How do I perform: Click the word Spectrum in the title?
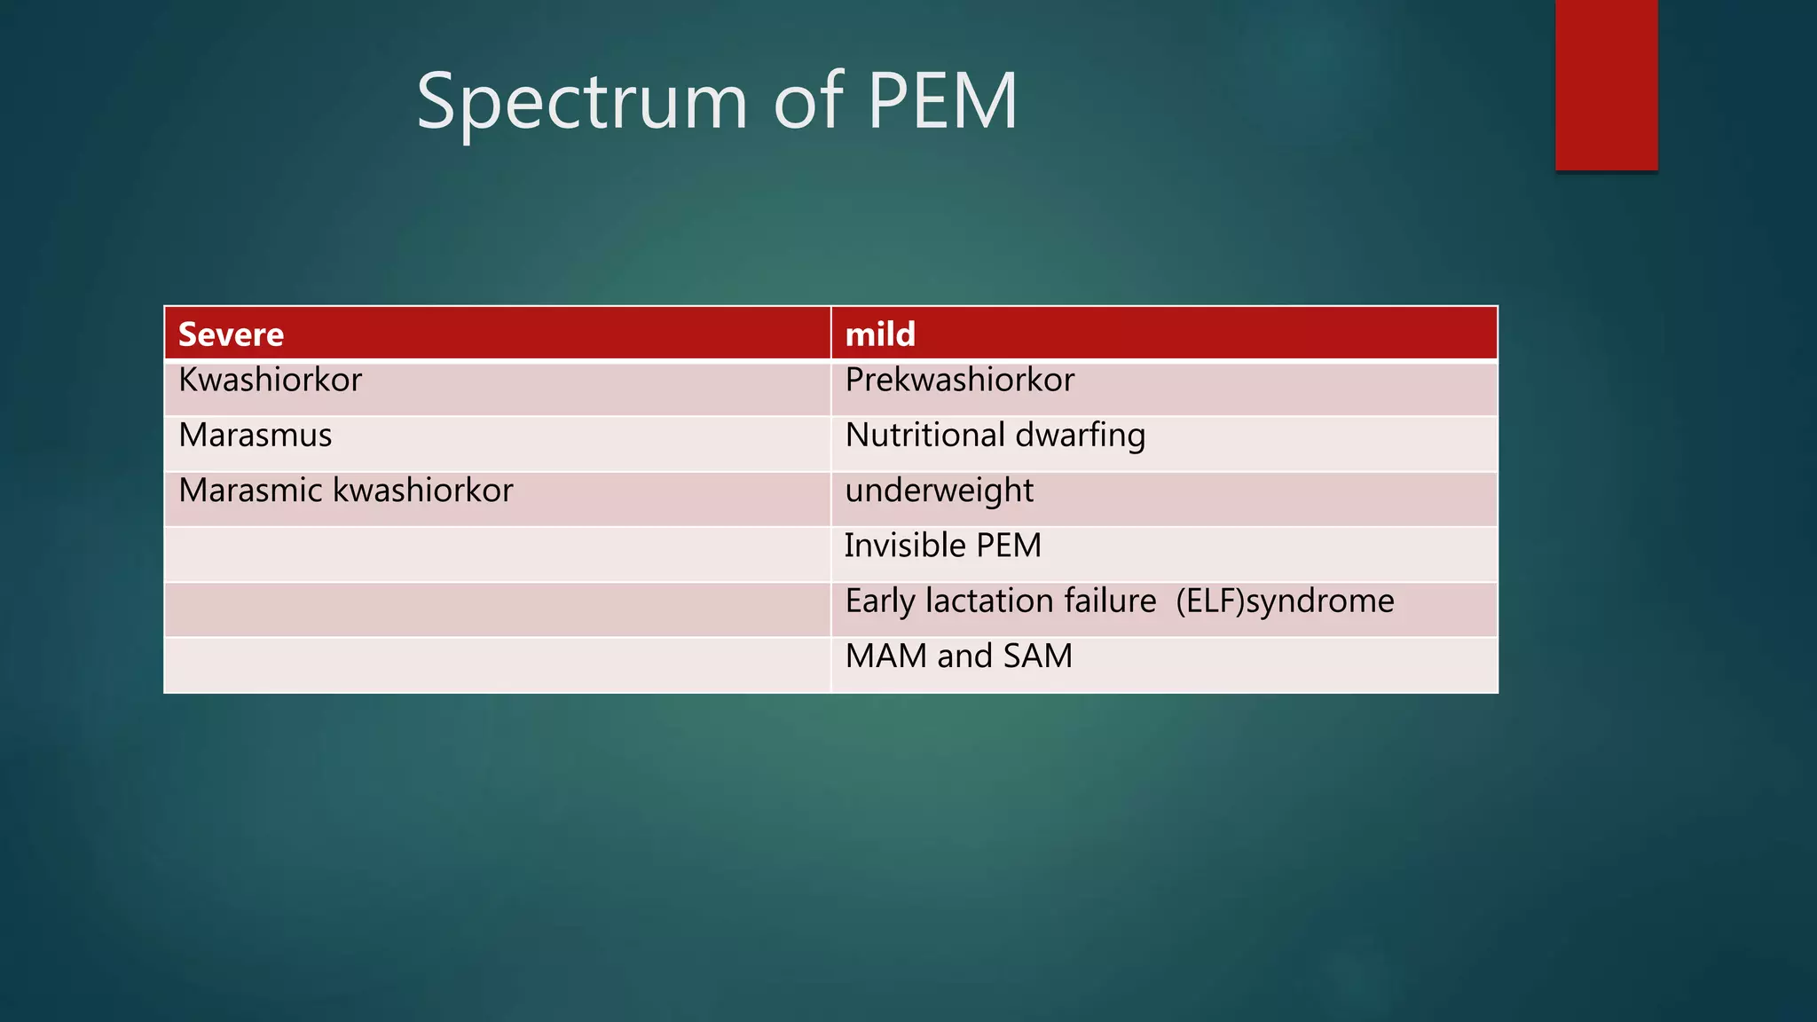tap(582, 102)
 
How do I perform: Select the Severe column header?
tap(232, 334)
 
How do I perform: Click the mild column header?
tap(880, 334)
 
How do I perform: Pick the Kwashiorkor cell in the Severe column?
tap(271, 381)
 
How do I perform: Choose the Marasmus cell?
tap(256, 436)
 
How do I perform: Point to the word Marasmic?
tap(250, 491)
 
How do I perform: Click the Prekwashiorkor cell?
tap(960, 381)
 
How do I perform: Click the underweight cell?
tap(940, 491)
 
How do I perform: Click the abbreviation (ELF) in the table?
tap(1210, 601)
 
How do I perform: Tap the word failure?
tap(1110, 601)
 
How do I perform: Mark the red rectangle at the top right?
tap(1606, 85)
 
